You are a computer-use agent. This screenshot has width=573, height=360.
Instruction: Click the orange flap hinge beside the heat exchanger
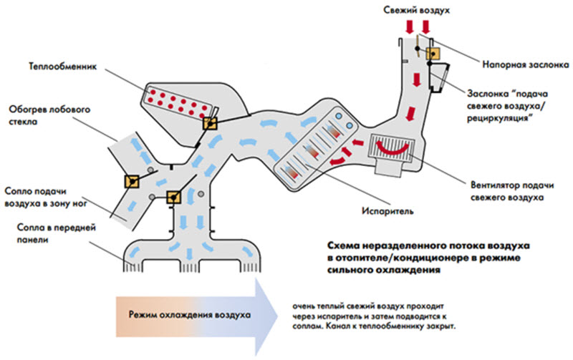click(x=209, y=123)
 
